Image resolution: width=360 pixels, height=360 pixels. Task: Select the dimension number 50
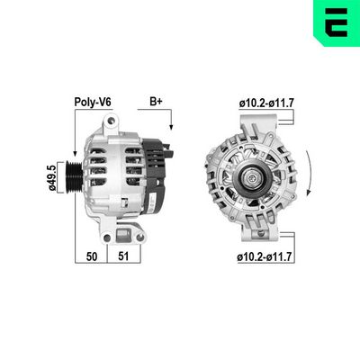coord(92,257)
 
